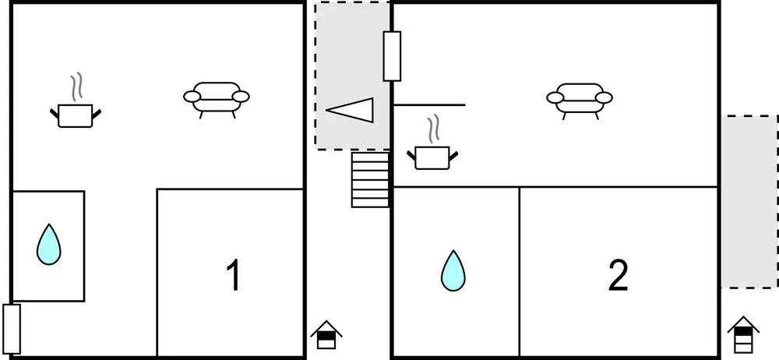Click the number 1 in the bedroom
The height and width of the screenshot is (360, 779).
pos(234,275)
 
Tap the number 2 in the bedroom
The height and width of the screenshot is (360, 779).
pos(618,275)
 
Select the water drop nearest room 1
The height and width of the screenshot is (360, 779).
pos(48,244)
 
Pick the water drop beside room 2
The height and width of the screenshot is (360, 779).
pos(453,270)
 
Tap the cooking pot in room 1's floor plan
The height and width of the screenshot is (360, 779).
pos(76,115)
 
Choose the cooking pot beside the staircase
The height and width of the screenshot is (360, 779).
pos(432,157)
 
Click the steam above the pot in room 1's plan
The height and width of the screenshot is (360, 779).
pos(76,86)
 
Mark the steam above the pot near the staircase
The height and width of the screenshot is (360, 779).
pos(434,129)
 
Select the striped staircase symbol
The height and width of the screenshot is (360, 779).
pos(370,179)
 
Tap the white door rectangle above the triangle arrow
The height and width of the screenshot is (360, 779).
pos(392,56)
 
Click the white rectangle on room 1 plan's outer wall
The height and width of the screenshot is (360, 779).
pos(12,329)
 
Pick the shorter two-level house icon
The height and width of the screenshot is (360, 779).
pos(326,334)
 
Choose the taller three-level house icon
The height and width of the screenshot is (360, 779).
pos(743,334)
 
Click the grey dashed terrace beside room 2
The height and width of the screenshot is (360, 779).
pos(749,201)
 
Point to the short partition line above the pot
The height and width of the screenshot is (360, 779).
pos(429,105)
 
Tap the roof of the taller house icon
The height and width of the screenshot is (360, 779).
pos(743,323)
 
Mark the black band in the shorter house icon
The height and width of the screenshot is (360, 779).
pos(326,336)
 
